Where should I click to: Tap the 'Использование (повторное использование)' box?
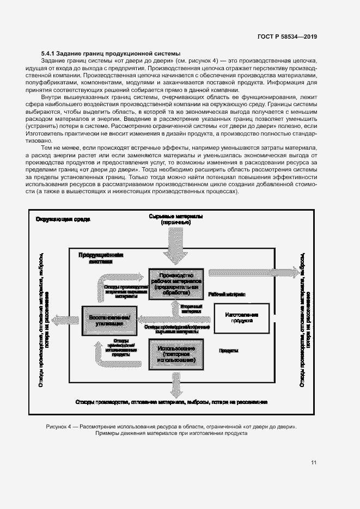[x=176, y=354]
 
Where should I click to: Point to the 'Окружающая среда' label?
[x=63, y=219]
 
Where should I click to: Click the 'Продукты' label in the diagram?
[x=229, y=351]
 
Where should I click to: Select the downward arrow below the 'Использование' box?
[x=176, y=385]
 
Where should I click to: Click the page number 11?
[x=314, y=462]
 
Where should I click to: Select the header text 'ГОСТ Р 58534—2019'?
[x=287, y=37]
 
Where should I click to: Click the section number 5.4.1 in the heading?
[x=49, y=53]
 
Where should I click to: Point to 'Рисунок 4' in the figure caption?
[x=60, y=427]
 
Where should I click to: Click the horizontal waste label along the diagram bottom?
[x=172, y=402]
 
